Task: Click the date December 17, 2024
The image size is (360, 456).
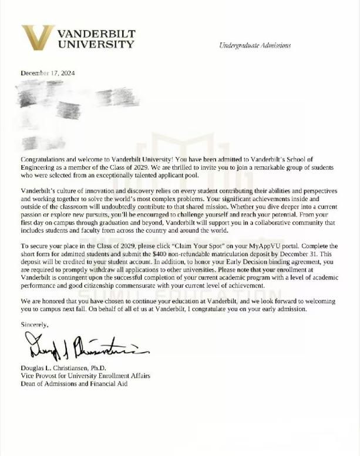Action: [48, 73]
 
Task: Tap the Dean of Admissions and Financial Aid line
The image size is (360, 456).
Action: [73, 384]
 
